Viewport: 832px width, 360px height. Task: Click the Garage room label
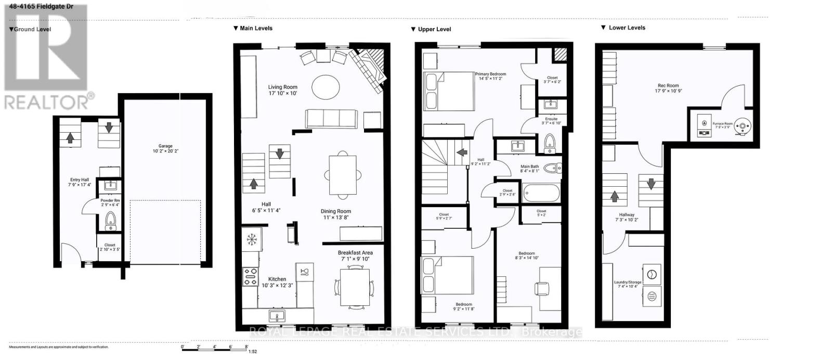tap(165, 149)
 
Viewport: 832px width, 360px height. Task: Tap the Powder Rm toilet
tap(110, 221)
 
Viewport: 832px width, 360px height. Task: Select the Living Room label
tap(283, 90)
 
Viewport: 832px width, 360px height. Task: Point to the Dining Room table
tap(342, 174)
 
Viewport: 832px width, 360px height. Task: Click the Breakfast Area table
tap(355, 287)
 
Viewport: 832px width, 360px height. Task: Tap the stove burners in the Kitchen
tap(250, 276)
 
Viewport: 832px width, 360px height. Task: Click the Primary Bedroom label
tap(490, 76)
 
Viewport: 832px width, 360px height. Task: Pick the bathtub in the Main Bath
tap(541, 194)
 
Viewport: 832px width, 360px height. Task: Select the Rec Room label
tap(668, 88)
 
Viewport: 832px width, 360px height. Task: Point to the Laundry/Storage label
tap(628, 284)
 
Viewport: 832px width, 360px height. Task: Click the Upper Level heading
tap(434, 29)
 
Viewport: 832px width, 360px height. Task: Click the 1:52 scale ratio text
tap(253, 351)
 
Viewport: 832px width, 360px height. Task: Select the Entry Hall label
tap(80, 182)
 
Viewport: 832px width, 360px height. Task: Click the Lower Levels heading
tap(627, 28)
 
